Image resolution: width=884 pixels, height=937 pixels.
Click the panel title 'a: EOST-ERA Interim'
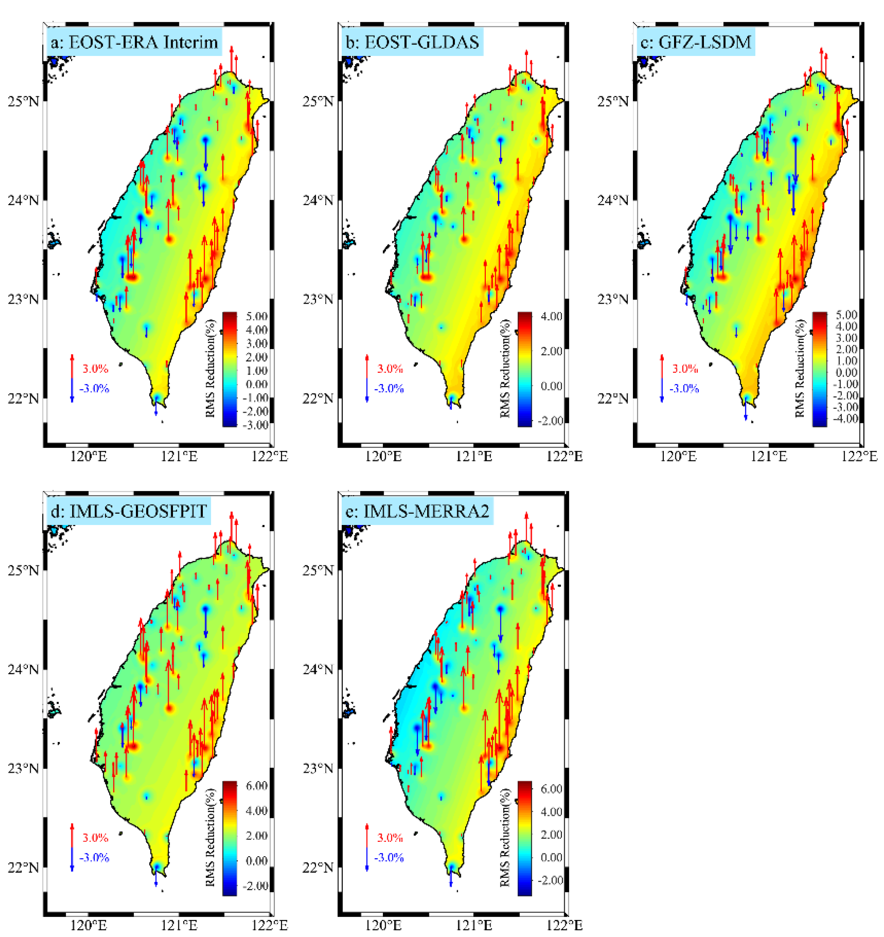click(x=134, y=42)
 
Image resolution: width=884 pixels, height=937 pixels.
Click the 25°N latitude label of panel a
click(x=23, y=101)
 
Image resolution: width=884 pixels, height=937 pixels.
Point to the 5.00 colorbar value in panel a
click(x=257, y=316)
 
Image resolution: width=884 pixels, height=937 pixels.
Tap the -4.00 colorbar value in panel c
click(x=846, y=418)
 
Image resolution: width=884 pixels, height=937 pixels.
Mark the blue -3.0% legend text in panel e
click(x=389, y=857)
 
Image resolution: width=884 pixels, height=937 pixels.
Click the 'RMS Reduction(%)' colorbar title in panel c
click(x=800, y=369)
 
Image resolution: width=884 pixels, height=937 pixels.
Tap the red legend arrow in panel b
click(x=367, y=367)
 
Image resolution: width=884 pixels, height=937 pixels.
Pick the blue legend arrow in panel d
click(x=72, y=859)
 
